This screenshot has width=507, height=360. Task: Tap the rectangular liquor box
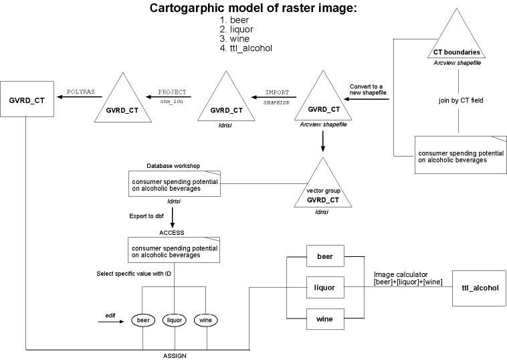pos(325,288)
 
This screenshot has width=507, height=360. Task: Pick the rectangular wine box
pos(325,318)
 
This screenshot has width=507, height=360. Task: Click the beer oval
pos(142,321)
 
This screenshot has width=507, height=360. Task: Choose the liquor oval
pos(175,321)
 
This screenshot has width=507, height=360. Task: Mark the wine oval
pos(207,321)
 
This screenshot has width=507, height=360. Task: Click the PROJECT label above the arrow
pos(172,91)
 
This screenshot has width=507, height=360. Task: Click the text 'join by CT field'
pos(458,100)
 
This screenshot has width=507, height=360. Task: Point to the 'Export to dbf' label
pos(148,216)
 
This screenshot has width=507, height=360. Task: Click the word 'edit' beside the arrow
pos(111,314)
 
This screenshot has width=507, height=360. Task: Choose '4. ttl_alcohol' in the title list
pos(246,48)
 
